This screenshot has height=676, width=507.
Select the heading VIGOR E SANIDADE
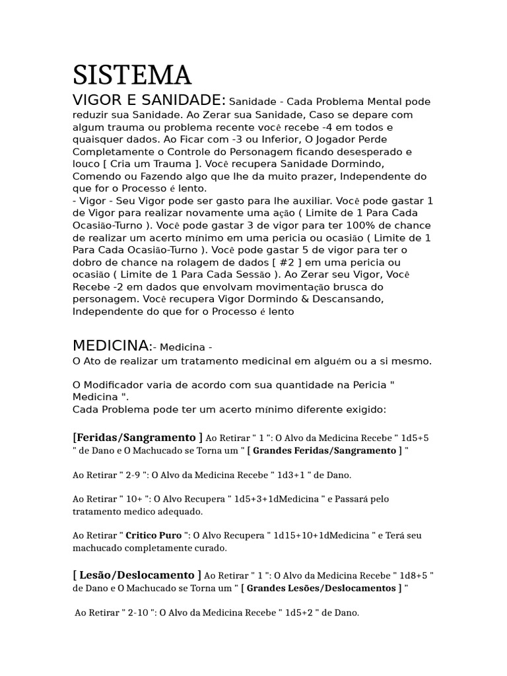[x=149, y=100]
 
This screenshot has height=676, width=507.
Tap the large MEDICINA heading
[x=111, y=345]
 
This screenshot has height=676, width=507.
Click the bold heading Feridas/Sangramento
[x=137, y=437]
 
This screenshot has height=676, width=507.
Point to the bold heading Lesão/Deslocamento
[x=137, y=574]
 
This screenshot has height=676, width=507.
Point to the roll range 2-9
[x=135, y=475]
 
